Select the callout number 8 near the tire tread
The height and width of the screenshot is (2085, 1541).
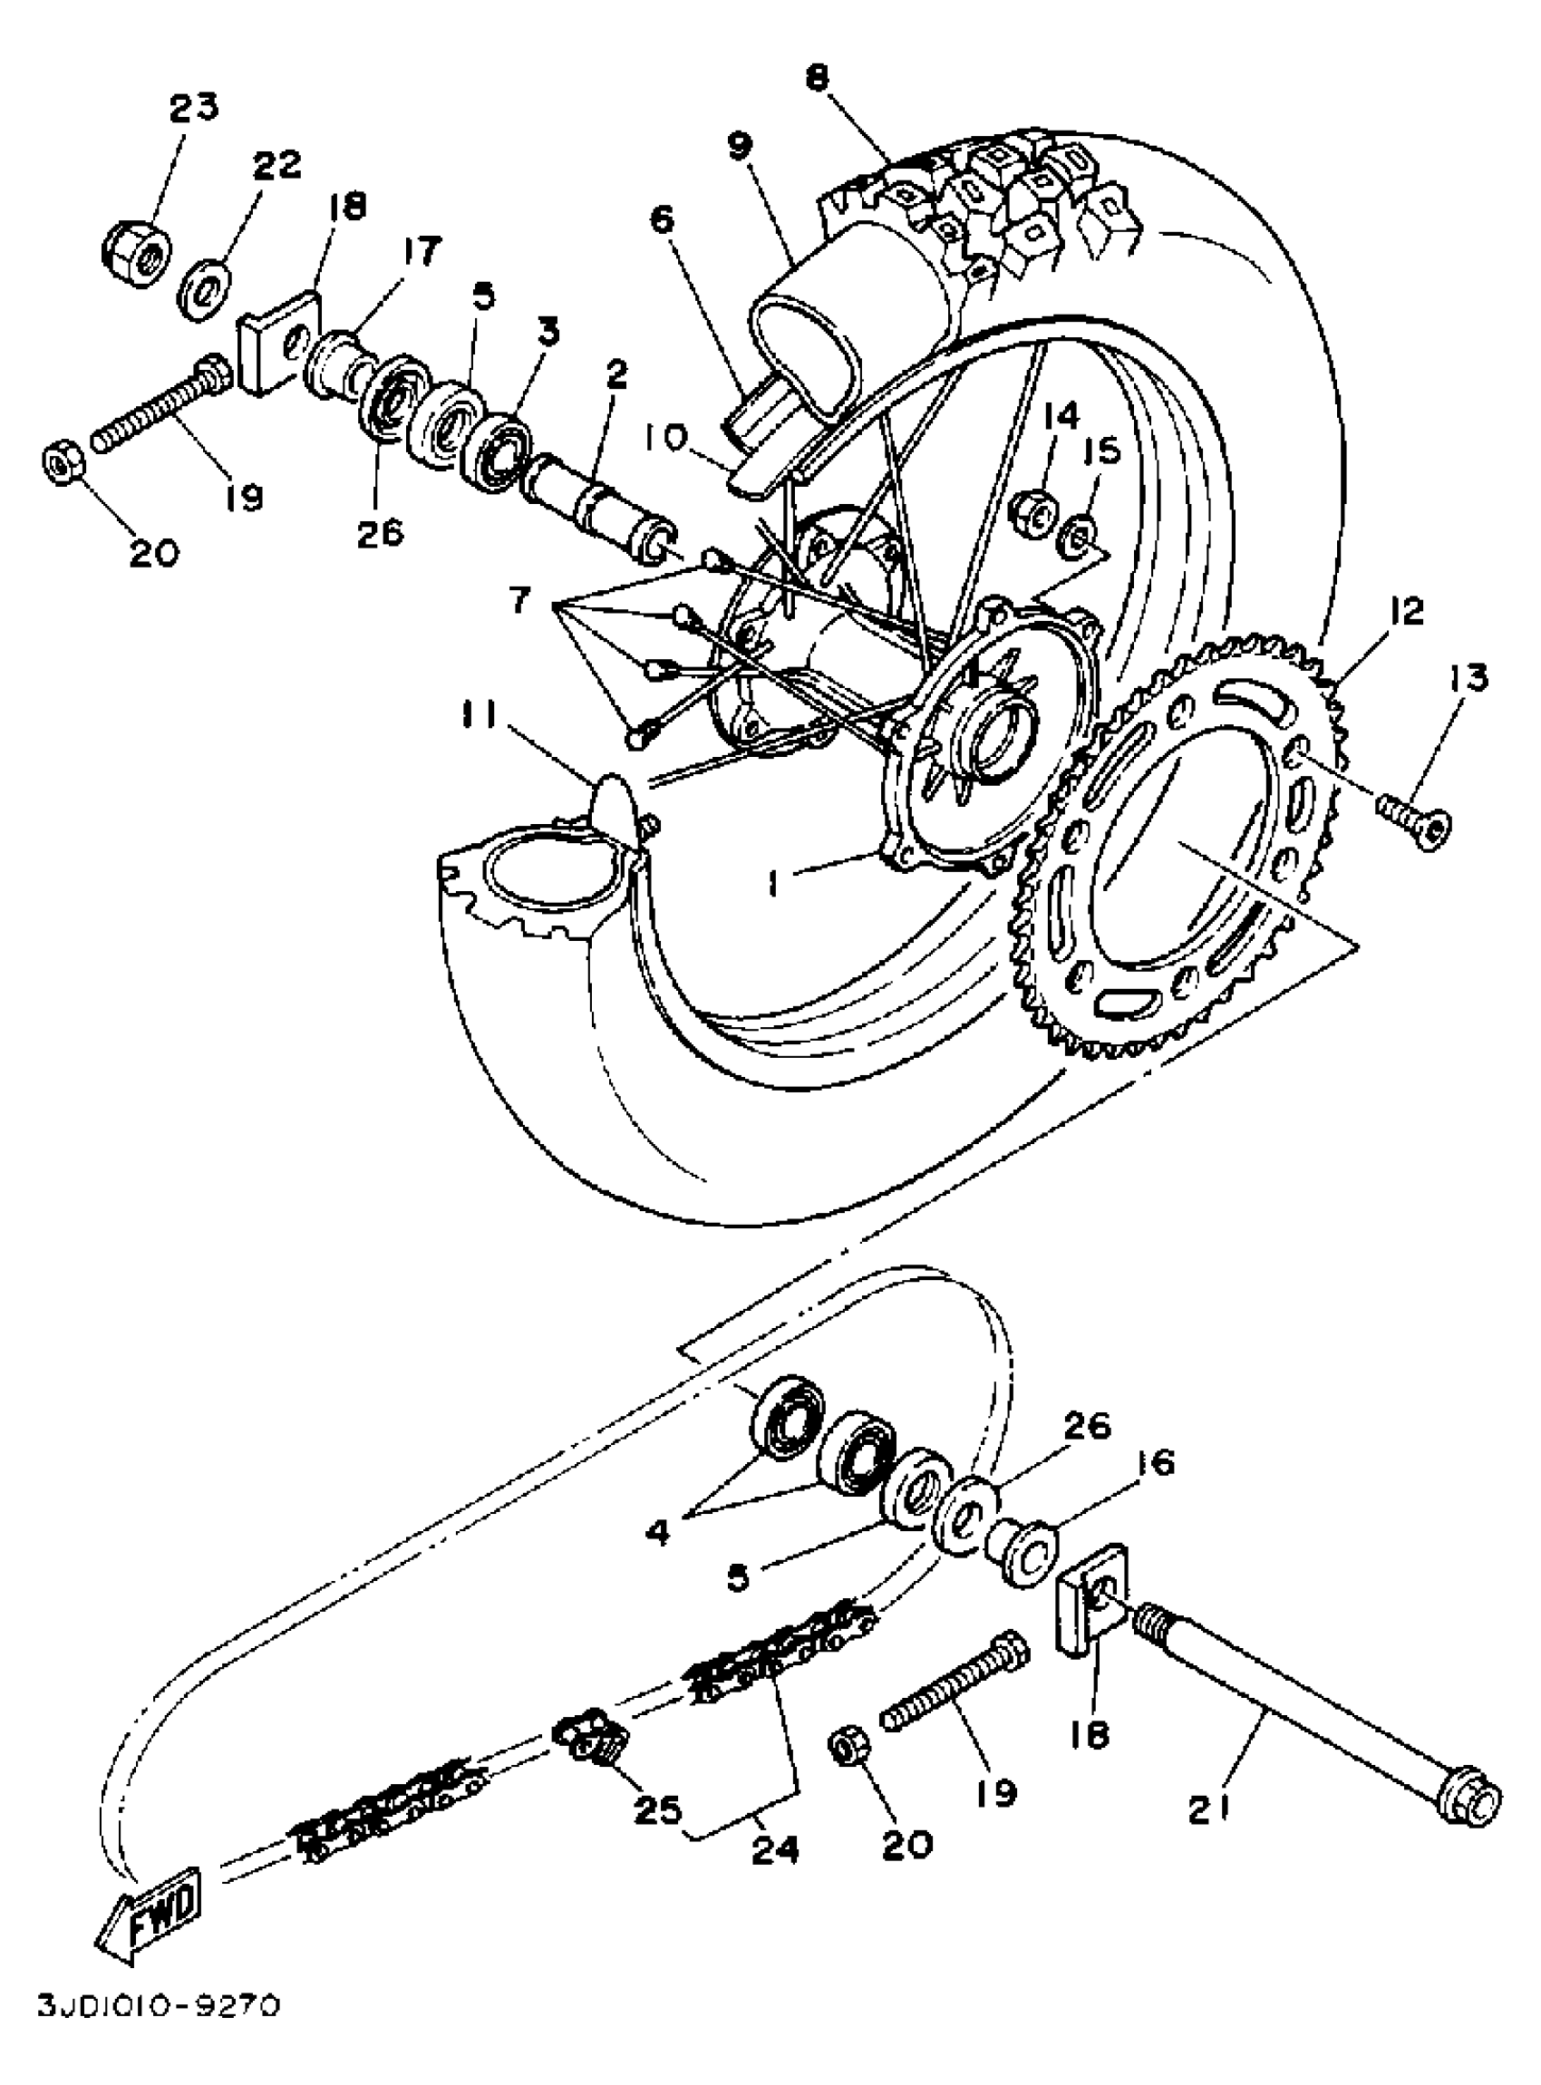(817, 78)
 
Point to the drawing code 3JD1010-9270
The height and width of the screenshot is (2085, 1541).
(159, 2029)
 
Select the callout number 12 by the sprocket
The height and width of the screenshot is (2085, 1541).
(1407, 612)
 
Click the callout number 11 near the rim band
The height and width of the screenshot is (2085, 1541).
(480, 718)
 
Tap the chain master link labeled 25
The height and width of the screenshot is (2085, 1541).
(589, 1738)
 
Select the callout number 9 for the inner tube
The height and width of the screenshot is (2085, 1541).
(740, 148)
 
